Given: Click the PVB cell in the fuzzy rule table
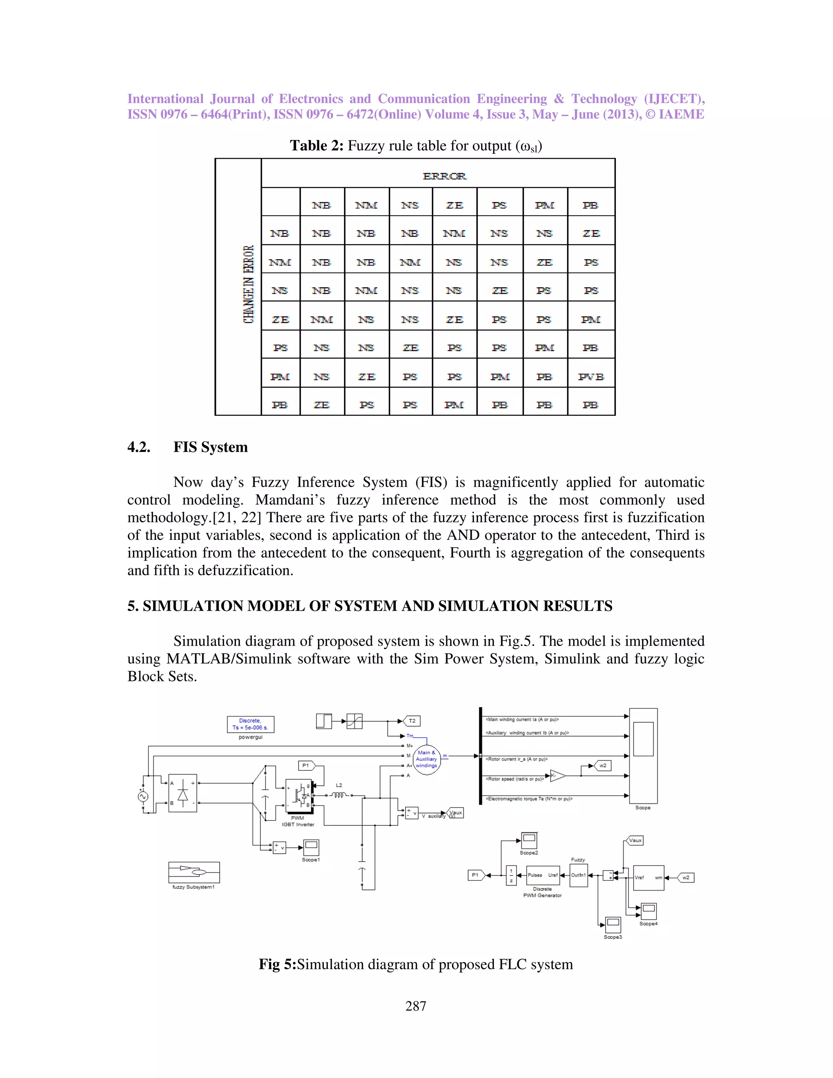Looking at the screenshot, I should pyautogui.click(x=591, y=377).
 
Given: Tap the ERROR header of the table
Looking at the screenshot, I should pyautogui.click(x=444, y=176).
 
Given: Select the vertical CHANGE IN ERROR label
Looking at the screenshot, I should pyautogui.click(x=248, y=284).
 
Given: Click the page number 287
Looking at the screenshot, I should pyautogui.click(x=416, y=1006).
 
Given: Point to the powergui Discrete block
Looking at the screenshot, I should pyautogui.click(x=250, y=724).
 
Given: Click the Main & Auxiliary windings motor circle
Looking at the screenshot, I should pyautogui.click(x=426, y=759).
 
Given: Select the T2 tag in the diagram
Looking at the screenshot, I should pyautogui.click(x=412, y=721).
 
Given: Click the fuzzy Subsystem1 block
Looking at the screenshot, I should pyautogui.click(x=194, y=872).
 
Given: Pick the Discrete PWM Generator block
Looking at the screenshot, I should pyautogui.click(x=543, y=876).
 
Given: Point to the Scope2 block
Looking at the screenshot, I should pyautogui.click(x=529, y=840).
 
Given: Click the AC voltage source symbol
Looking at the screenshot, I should pyautogui.click(x=143, y=796).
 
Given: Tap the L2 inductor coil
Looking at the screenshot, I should pyautogui.click(x=339, y=795).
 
